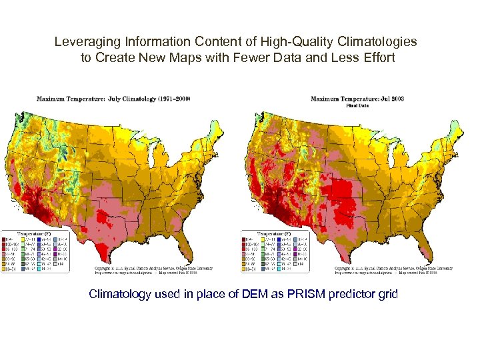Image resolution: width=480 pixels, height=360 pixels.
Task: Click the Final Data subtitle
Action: pos(358,105)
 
